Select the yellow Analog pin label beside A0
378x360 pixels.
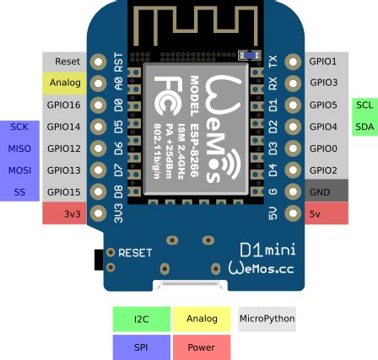[x=65, y=83]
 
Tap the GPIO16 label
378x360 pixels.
[x=65, y=105]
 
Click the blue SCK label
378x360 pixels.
[x=19, y=126]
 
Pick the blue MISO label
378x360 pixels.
[x=19, y=148]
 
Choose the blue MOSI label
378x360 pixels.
[x=19, y=169]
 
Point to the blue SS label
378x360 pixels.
[x=19, y=191]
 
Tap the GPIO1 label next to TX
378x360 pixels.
[x=325, y=62]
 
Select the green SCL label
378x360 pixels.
[x=364, y=105]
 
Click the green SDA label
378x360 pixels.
[x=364, y=126]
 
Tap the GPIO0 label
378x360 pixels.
[x=325, y=148]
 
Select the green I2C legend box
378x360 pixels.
[x=141, y=319]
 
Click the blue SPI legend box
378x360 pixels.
[x=141, y=347]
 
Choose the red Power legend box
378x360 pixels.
[x=201, y=347]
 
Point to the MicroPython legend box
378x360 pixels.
[x=267, y=319]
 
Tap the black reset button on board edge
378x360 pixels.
[x=99, y=259]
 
